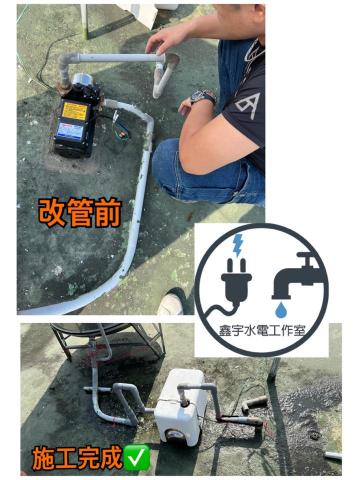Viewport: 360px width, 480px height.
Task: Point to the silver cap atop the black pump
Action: pyautogui.click(x=83, y=80)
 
